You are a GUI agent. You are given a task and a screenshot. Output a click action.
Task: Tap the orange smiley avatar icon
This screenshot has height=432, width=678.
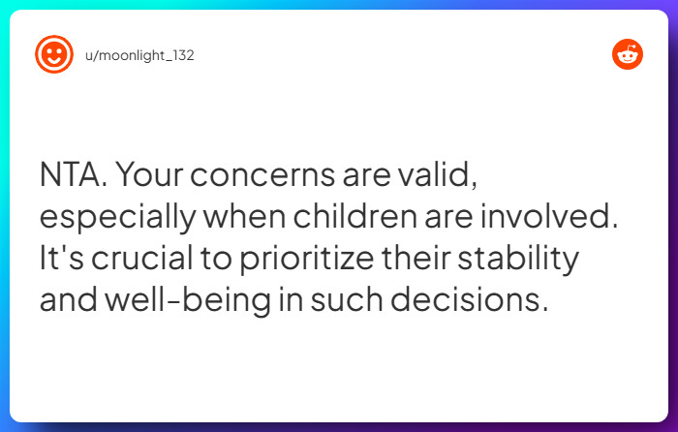pyautogui.click(x=54, y=54)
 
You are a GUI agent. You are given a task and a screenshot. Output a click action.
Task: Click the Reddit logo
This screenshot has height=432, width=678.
pyautogui.click(x=628, y=54)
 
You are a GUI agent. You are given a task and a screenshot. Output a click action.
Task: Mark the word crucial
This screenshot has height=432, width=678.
pyautogui.click(x=148, y=260)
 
